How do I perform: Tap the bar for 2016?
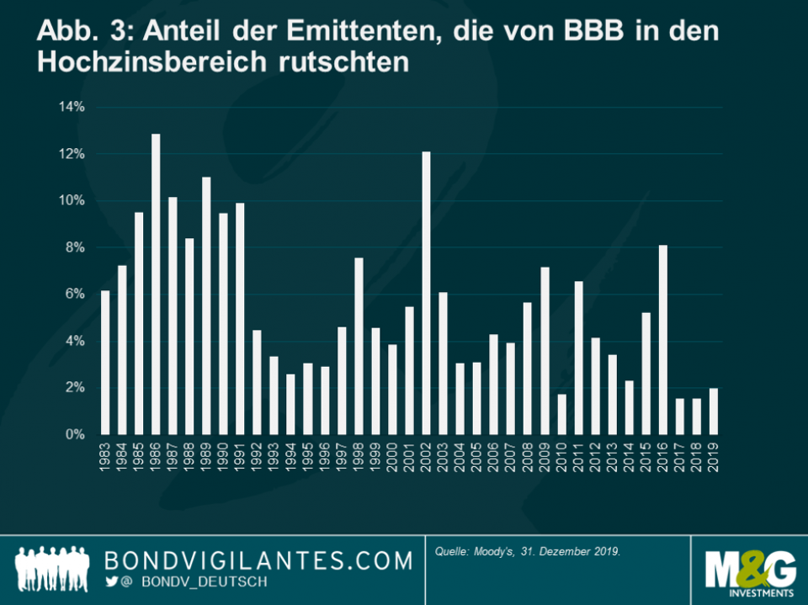coord(662,340)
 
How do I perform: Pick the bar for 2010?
coord(561,414)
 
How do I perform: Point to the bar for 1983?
coord(105,363)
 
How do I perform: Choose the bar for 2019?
coord(713,411)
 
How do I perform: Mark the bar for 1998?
coord(359,346)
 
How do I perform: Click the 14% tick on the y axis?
coord(71,107)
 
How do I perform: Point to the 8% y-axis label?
coord(73,247)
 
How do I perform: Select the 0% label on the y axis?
coord(73,434)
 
